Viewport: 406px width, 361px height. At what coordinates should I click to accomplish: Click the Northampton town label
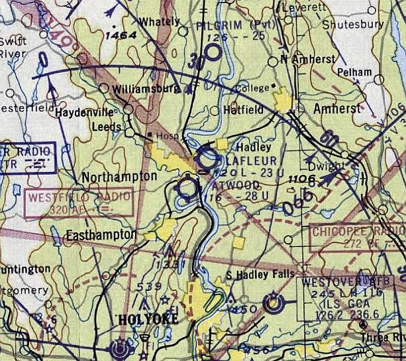tap(119, 177)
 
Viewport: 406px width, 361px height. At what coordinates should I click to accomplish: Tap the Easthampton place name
tap(101, 235)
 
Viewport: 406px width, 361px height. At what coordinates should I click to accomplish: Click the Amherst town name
tap(338, 108)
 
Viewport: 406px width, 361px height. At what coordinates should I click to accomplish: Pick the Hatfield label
tap(243, 109)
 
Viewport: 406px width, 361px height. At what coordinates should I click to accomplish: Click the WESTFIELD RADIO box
tap(77, 204)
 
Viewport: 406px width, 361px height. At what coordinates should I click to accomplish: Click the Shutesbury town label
tap(352, 24)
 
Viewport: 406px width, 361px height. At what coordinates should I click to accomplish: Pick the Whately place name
tap(159, 21)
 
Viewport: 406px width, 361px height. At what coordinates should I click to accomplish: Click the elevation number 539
tap(149, 287)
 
